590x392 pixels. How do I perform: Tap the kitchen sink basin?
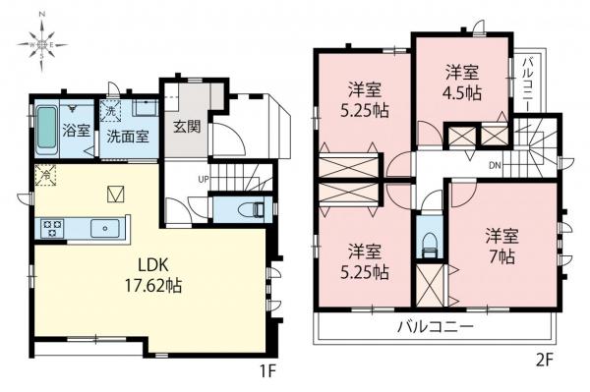pyautogui.click(x=103, y=228)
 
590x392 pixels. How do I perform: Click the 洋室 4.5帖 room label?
pyautogui.click(x=460, y=84)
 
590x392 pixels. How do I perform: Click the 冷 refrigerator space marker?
pyautogui.click(x=45, y=177)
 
